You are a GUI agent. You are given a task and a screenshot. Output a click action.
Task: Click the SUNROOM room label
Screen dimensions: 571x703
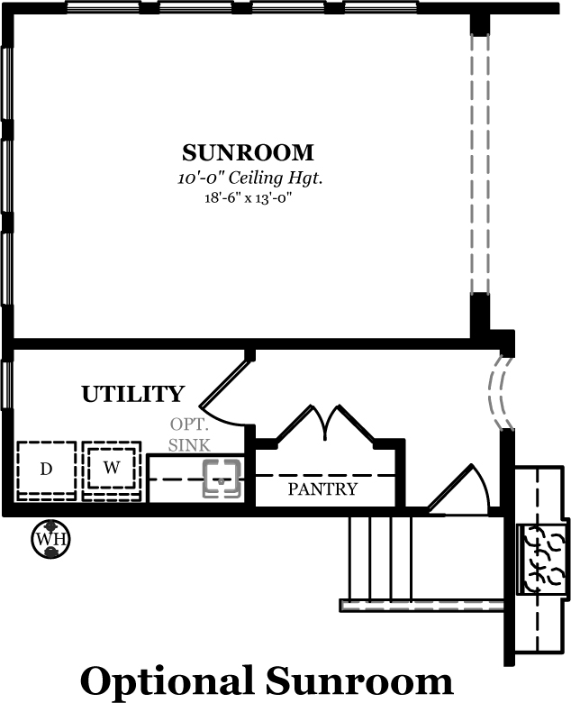[x=248, y=153]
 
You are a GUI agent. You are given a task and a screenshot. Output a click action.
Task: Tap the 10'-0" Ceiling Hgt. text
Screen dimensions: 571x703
[x=249, y=178]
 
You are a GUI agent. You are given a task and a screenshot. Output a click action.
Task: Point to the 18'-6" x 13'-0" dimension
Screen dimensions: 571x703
[x=248, y=197]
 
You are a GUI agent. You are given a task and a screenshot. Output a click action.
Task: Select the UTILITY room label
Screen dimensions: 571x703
[x=133, y=394]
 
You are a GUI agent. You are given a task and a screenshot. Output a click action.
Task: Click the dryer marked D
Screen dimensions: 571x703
[x=47, y=470]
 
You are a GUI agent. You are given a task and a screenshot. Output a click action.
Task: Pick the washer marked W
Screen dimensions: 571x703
[x=112, y=470]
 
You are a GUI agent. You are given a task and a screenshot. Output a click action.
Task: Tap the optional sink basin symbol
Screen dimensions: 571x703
[x=222, y=478]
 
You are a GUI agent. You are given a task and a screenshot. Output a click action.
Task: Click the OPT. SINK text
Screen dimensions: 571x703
[x=189, y=434]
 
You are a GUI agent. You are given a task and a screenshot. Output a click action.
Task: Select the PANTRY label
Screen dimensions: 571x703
[x=322, y=488]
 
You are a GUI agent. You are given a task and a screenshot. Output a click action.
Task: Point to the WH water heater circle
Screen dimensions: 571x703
[x=50, y=538]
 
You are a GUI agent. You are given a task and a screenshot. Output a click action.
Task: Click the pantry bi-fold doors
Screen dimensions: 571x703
[x=326, y=424]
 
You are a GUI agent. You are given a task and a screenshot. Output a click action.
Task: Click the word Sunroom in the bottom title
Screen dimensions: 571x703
[x=359, y=680]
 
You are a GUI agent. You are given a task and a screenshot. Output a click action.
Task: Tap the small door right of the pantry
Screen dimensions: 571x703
[x=459, y=489]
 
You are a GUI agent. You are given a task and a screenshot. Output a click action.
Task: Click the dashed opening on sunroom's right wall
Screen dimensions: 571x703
[x=480, y=164]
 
